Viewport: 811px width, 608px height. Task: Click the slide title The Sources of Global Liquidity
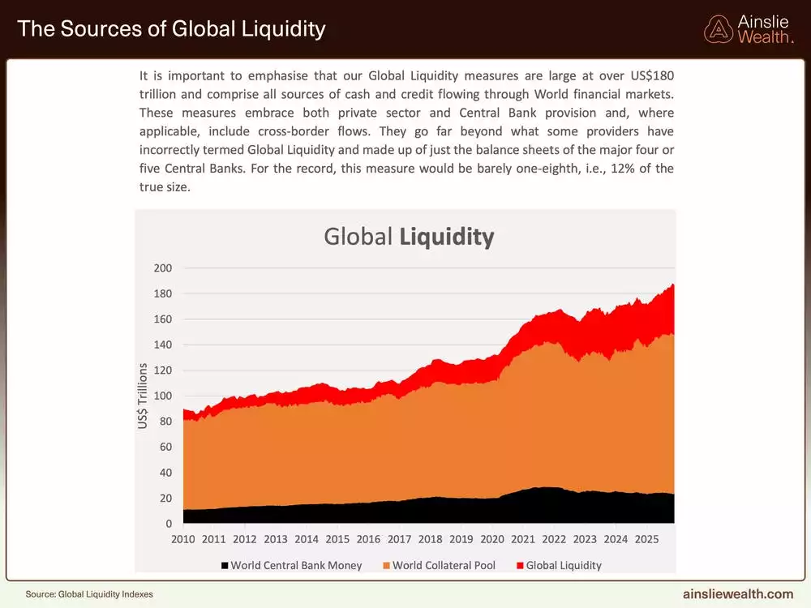(171, 29)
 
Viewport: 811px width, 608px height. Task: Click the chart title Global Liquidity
(408, 237)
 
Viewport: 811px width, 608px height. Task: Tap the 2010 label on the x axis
(182, 538)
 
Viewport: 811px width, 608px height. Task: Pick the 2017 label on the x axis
(399, 538)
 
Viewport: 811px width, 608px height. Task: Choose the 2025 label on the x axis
(646, 538)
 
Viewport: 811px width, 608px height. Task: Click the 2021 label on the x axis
(523, 538)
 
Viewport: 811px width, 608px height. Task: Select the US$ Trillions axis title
(143, 396)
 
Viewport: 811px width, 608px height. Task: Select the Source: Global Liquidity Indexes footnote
(89, 594)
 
